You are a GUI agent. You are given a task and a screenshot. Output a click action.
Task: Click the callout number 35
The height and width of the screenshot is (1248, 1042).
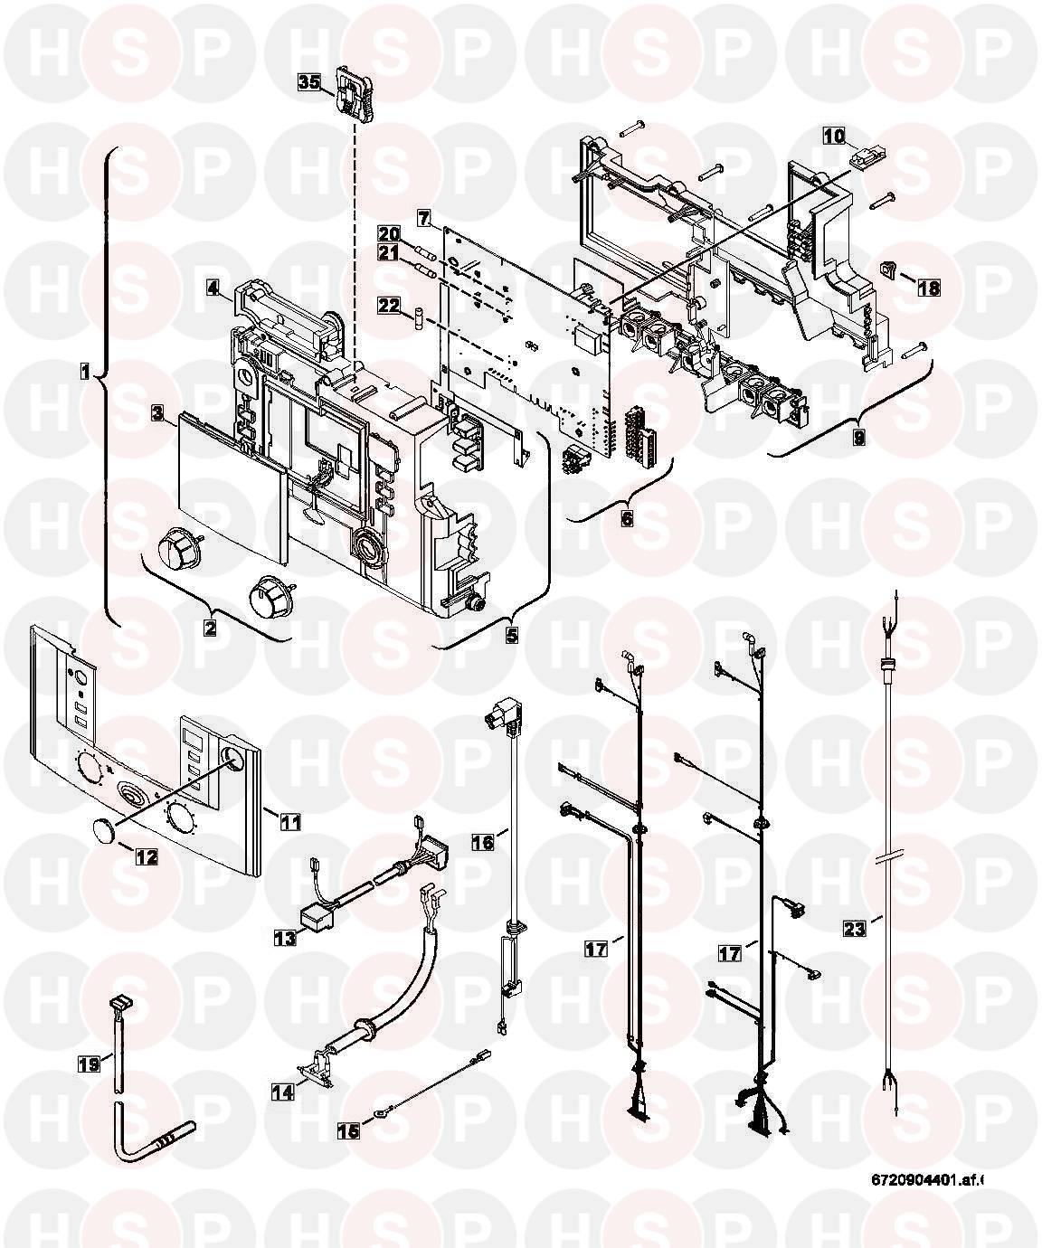(x=309, y=82)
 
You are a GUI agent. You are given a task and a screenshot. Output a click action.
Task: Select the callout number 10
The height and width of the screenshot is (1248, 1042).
(x=833, y=137)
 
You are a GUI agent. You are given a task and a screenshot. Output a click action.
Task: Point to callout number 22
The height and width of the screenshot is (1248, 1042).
(x=389, y=307)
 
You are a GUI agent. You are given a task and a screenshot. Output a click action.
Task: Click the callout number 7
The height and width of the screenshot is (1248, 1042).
(x=422, y=217)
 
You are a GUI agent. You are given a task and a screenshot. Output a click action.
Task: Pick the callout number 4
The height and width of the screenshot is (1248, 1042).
(x=212, y=288)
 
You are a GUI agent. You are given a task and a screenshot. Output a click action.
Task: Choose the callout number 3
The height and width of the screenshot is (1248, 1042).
(x=157, y=414)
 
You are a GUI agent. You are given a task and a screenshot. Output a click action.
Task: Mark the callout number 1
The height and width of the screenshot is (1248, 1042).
(x=83, y=371)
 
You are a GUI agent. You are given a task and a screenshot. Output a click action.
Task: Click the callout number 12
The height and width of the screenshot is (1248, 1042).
(x=145, y=855)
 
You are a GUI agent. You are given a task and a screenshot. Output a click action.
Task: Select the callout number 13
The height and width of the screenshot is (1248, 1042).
(x=286, y=938)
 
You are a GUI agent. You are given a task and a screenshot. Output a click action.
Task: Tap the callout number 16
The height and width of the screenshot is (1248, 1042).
(x=482, y=842)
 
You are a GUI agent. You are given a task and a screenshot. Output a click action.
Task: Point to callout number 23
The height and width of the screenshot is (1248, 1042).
(x=853, y=927)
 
